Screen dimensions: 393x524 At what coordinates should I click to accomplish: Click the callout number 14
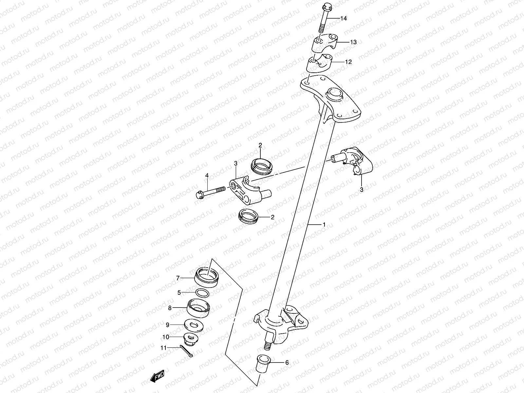[343, 19]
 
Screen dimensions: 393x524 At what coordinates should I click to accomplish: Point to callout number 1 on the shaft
[324, 225]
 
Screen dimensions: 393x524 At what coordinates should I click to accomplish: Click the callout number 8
[170, 308]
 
